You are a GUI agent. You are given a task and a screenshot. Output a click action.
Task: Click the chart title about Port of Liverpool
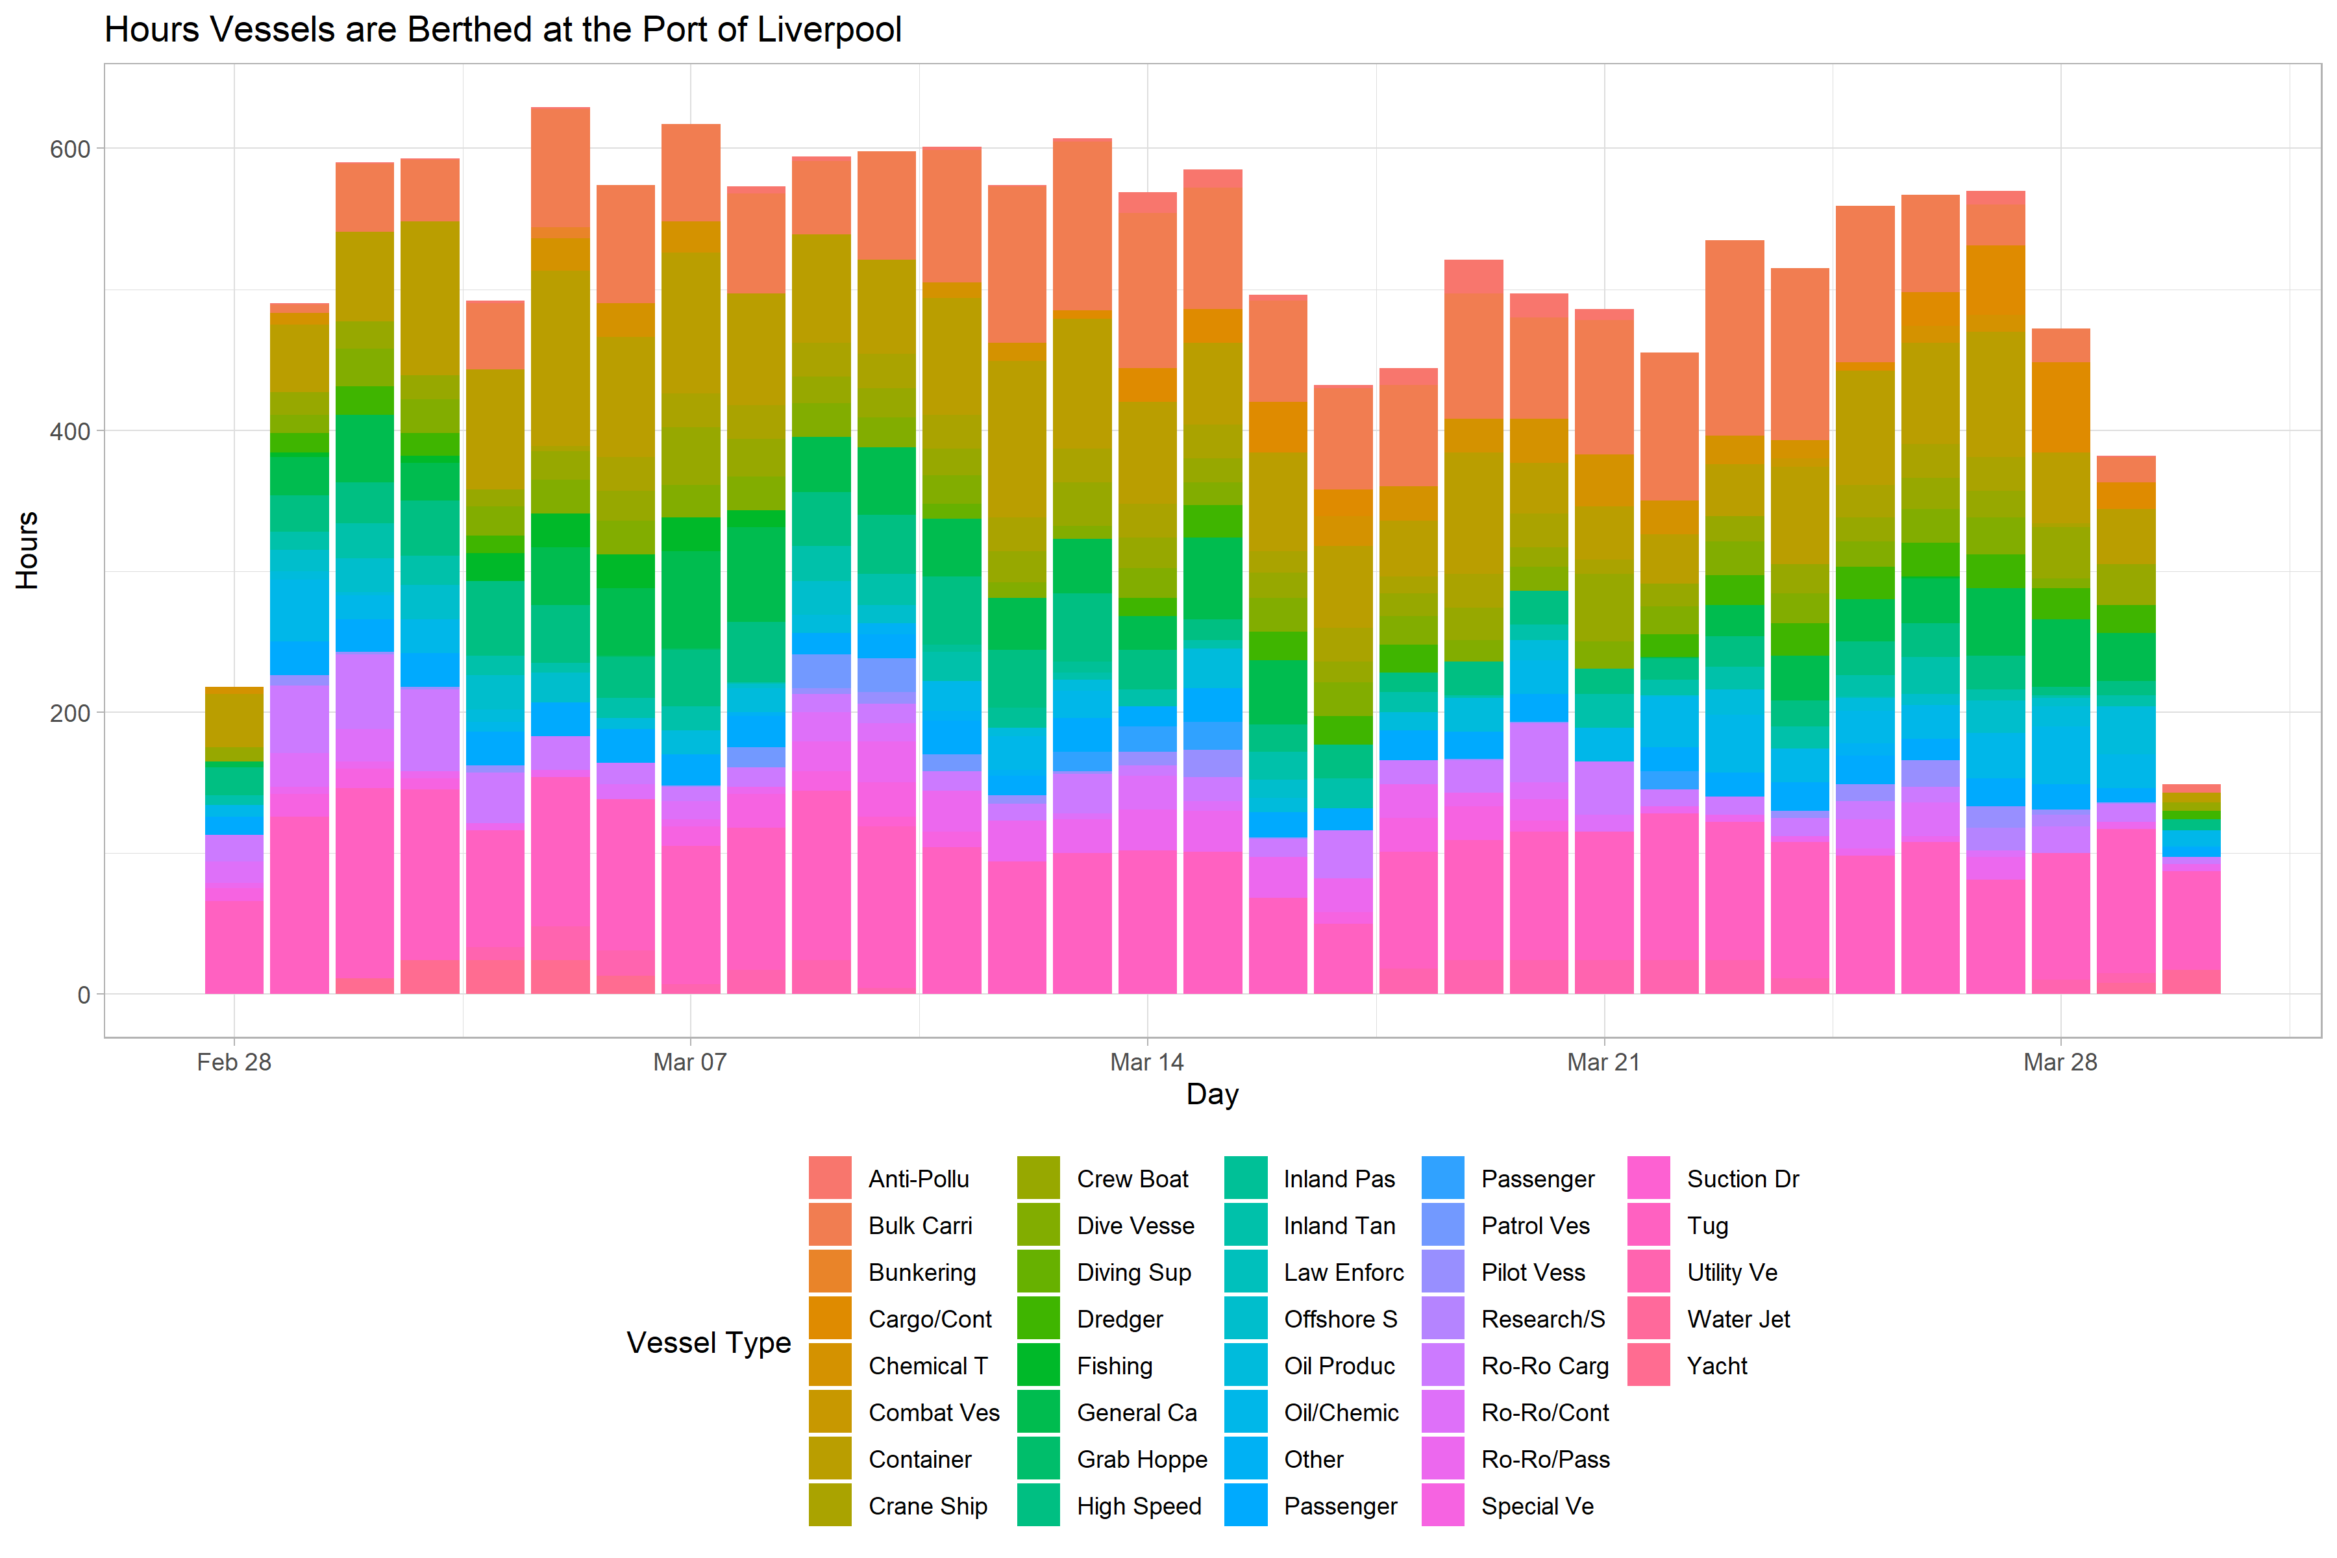[502, 30]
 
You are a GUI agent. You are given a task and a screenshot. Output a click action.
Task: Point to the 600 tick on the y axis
[69, 149]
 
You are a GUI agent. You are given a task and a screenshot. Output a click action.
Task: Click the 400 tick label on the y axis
[69, 431]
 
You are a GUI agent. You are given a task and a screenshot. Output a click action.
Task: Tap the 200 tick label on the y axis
[69, 713]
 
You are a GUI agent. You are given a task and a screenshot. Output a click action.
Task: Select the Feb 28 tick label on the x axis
[234, 1062]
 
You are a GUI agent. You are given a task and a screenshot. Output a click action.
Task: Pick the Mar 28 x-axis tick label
[2060, 1062]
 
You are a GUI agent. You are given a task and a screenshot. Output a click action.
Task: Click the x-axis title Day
[1212, 1094]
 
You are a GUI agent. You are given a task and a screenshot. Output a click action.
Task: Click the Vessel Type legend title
[708, 1342]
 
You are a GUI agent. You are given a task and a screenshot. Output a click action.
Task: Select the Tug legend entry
[1707, 1226]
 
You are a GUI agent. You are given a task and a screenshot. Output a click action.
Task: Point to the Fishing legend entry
[1114, 1366]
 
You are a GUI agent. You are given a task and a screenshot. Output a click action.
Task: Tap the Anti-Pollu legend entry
[918, 1180]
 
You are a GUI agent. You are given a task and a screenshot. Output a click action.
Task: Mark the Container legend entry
[919, 1459]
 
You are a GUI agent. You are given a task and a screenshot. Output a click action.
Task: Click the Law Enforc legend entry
[1342, 1273]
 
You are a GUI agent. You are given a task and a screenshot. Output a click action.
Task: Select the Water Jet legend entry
[1738, 1320]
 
